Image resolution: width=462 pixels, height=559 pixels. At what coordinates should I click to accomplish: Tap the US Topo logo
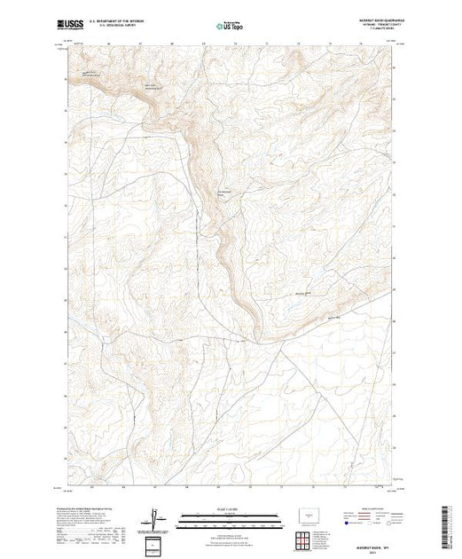click(229, 25)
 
